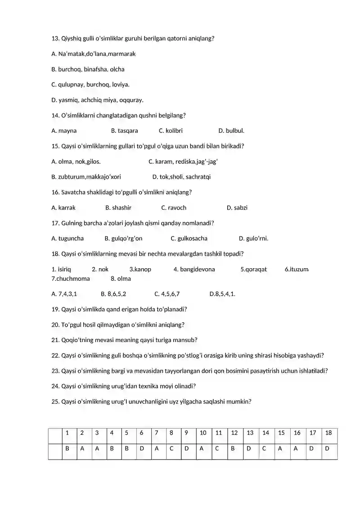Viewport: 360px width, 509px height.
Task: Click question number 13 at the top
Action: click(x=55, y=38)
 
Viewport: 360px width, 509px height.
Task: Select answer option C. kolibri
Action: click(x=171, y=131)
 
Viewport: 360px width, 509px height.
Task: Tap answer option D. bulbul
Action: click(x=231, y=131)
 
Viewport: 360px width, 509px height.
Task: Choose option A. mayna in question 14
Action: click(x=64, y=131)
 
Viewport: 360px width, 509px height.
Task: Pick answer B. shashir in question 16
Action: click(x=118, y=207)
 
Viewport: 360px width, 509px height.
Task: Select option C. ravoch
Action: click(x=174, y=207)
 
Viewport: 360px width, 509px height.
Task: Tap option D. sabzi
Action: click(x=237, y=207)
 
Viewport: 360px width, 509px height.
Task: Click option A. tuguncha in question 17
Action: click(x=67, y=238)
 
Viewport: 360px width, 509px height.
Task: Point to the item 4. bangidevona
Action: click(x=194, y=269)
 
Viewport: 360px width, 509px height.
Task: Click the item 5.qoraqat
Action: click(x=253, y=269)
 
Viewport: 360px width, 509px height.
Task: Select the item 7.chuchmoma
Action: click(x=71, y=279)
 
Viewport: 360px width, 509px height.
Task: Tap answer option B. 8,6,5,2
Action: click(x=113, y=294)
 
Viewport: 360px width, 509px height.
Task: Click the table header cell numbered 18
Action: click(x=328, y=433)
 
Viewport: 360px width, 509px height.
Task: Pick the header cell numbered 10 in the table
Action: click(x=203, y=433)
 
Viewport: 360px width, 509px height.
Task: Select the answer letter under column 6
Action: click(x=142, y=449)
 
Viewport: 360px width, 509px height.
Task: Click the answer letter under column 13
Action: click(x=249, y=449)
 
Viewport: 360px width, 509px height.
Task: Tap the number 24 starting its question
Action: click(x=55, y=386)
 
